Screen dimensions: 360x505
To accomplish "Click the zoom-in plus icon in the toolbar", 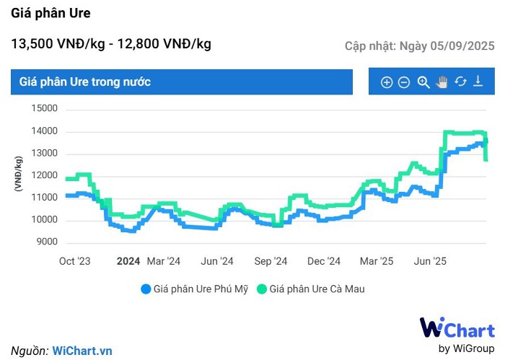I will pos(387,82).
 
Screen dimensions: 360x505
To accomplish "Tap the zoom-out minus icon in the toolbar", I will pos(404,82).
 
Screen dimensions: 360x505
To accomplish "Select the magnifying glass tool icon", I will pos(423,82).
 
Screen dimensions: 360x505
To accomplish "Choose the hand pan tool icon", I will pos(442,82).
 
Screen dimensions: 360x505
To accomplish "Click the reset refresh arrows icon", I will pos(460,82).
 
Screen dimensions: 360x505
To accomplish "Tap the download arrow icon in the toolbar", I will pos(478,82).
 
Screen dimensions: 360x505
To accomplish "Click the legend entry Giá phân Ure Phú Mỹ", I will pos(195,289).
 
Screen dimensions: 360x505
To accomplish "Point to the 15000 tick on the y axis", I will pos(44,109).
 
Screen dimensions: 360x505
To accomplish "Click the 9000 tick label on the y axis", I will pos(46,242).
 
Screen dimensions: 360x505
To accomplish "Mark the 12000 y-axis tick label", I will pos(44,176).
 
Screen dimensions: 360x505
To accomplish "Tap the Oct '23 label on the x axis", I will pos(74,261).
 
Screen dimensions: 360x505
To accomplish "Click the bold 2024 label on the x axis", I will pos(128,261).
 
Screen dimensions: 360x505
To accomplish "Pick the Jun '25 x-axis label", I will pos(430,261).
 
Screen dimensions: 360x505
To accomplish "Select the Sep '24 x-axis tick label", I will pos(271,261).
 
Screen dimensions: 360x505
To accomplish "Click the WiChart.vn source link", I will pos(82,351).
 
